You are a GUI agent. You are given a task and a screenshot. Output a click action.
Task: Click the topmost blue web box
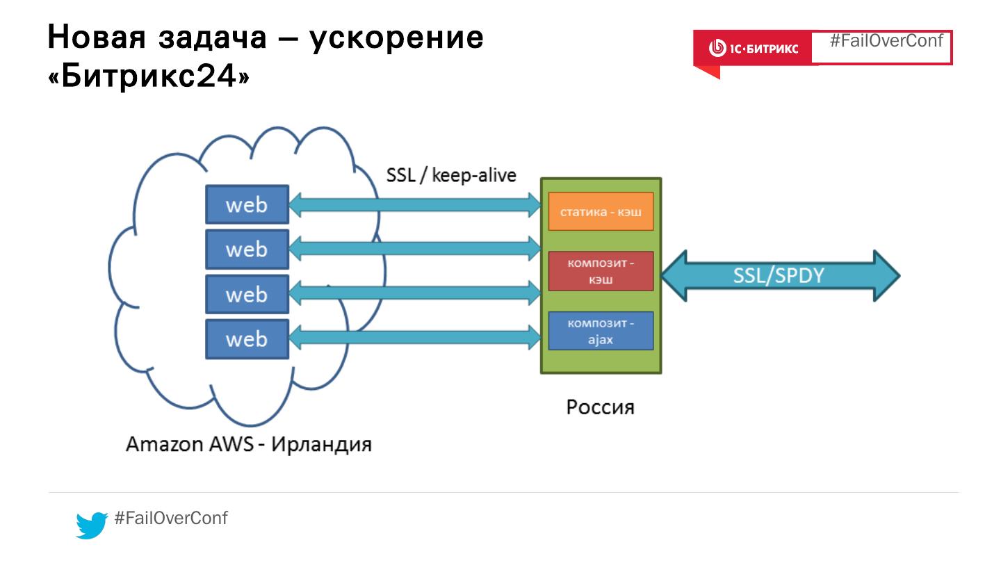point(247,204)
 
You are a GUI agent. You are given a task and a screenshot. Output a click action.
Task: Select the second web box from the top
point(247,249)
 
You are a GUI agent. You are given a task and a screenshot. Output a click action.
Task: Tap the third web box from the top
point(247,294)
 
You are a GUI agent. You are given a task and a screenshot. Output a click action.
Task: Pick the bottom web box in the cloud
point(247,338)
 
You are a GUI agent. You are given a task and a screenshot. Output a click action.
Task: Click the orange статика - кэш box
point(601,211)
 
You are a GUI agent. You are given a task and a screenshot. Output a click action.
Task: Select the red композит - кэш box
point(601,271)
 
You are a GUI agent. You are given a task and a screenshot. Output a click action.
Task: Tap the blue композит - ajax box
point(601,331)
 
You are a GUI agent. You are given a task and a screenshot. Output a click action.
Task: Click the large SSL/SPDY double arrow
point(779,276)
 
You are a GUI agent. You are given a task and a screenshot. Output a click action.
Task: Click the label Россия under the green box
point(600,406)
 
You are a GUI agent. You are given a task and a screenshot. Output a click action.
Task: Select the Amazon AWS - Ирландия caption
point(248,443)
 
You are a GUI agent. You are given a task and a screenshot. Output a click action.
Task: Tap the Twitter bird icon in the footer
point(91,524)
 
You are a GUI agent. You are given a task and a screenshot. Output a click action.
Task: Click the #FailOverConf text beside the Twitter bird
point(170,518)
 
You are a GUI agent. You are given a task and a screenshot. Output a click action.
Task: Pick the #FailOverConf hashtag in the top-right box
point(886,40)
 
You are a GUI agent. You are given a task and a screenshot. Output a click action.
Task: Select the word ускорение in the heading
point(396,37)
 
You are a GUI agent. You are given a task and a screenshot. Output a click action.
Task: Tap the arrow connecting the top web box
point(414,204)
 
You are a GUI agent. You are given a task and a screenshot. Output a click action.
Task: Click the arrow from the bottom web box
point(414,338)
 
